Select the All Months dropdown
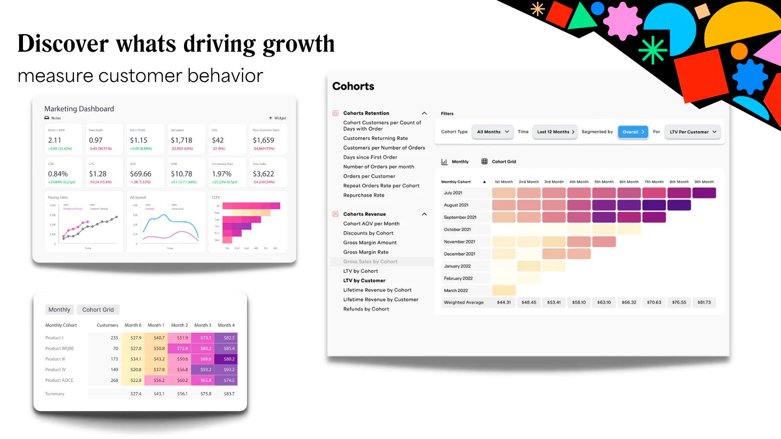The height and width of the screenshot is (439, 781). click(493, 132)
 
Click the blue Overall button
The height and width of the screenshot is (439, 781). click(633, 132)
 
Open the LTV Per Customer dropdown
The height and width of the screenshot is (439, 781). click(692, 132)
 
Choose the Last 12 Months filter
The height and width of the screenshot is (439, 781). click(555, 132)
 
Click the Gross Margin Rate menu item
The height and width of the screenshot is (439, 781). click(366, 252)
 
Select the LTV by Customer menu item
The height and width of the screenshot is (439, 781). click(364, 280)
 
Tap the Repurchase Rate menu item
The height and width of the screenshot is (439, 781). click(364, 195)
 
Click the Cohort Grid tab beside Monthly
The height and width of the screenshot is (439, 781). click(98, 310)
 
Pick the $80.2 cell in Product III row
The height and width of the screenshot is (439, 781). click(229, 359)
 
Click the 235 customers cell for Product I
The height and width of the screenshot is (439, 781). click(114, 338)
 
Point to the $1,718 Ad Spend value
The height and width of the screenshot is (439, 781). click(182, 140)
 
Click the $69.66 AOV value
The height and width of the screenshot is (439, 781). click(141, 174)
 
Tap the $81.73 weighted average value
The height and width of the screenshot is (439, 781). click(704, 302)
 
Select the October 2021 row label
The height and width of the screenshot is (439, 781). click(457, 229)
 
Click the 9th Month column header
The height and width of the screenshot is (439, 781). click(704, 182)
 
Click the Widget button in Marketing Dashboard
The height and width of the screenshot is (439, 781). click(278, 118)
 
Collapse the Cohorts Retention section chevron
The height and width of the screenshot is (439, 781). click(424, 113)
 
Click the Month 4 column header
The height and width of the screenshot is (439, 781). click(226, 325)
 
